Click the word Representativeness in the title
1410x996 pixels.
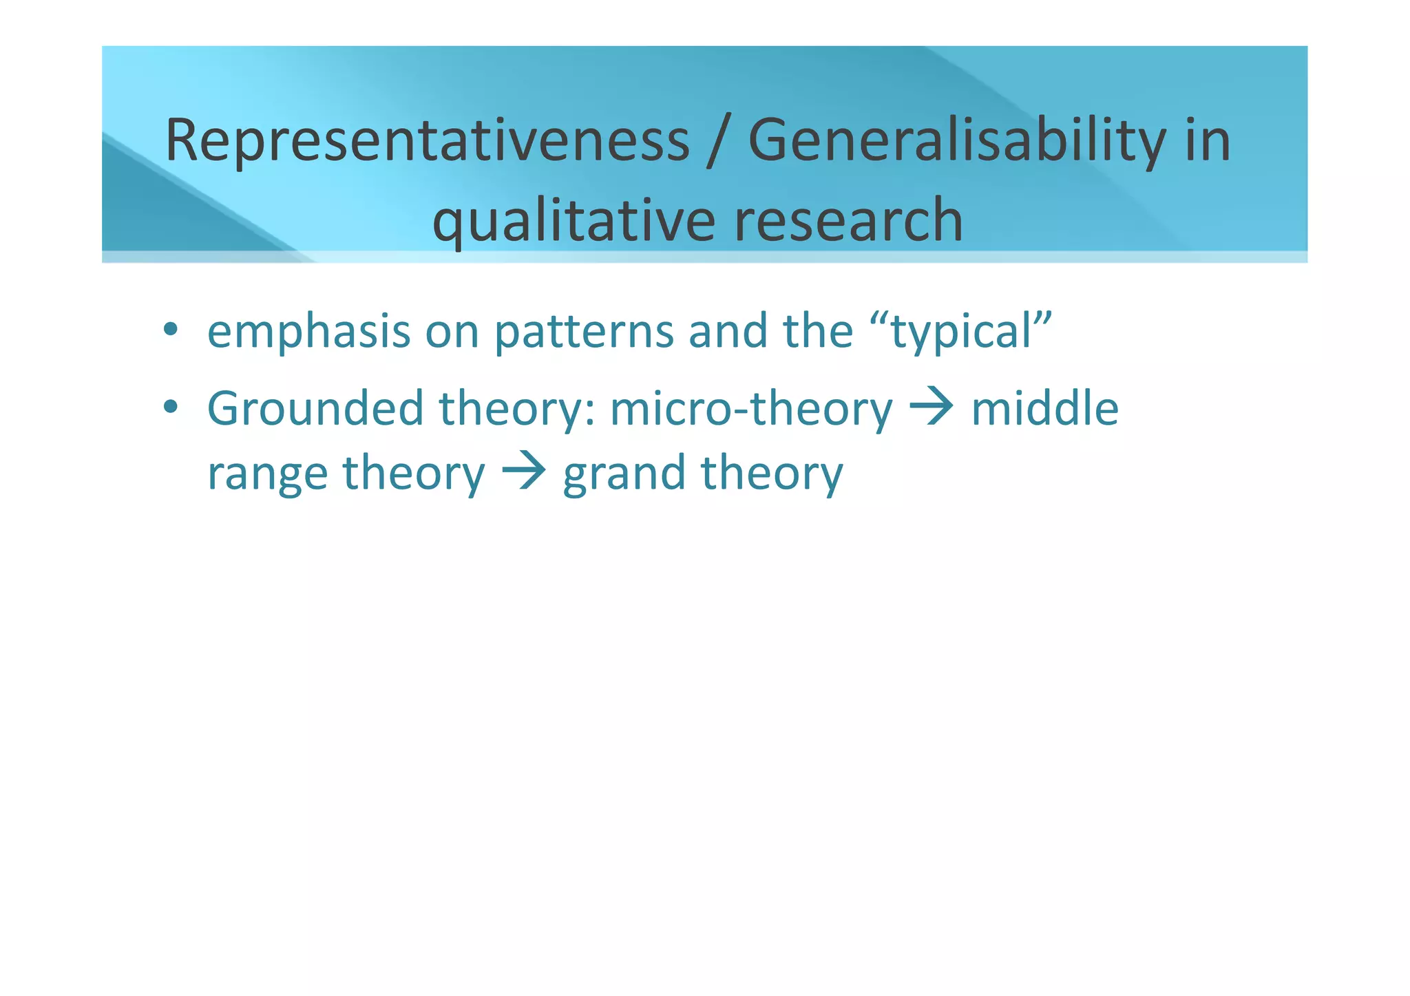tap(427, 141)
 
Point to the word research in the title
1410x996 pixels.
tap(848, 220)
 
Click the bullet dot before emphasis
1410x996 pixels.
tap(171, 330)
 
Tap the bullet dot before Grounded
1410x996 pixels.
tap(171, 407)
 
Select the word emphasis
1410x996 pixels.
tap(308, 332)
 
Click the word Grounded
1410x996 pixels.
tap(315, 409)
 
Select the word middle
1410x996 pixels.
tap(1044, 409)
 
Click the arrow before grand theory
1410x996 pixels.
tap(523, 472)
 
